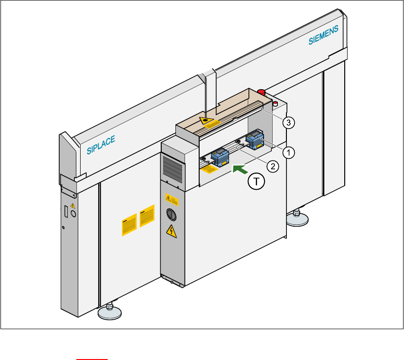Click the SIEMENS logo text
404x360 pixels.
[x=324, y=36]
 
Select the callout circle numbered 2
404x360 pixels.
[x=272, y=166]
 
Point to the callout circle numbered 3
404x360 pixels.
[x=288, y=122]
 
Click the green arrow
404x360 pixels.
[x=239, y=167]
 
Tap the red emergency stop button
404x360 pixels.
[x=261, y=92]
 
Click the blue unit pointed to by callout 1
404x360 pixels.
[x=254, y=140]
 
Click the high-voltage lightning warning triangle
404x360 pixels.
[x=170, y=231]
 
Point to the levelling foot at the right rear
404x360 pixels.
[x=297, y=219]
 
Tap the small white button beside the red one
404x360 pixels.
[x=275, y=103]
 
